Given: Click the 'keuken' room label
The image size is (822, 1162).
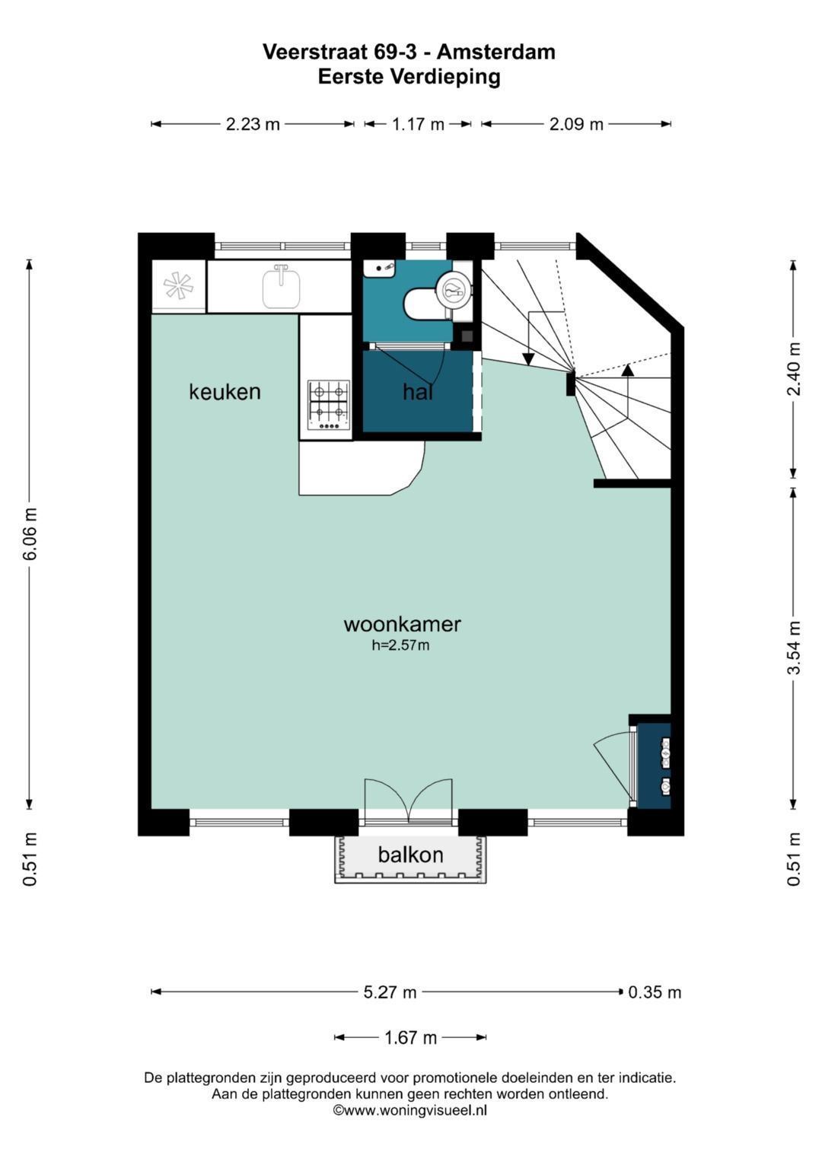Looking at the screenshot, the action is pyautogui.click(x=225, y=392).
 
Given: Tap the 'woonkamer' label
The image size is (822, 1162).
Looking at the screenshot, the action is pyautogui.click(x=402, y=624).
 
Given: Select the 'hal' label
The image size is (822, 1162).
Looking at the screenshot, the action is pyautogui.click(x=418, y=392).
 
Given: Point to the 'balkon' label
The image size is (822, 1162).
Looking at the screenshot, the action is pyautogui.click(x=410, y=855).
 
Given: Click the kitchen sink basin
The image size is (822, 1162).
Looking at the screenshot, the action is pyautogui.click(x=282, y=288).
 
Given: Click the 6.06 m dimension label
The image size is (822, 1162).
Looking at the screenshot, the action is pyautogui.click(x=30, y=533).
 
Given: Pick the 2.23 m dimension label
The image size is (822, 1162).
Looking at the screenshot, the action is pyautogui.click(x=253, y=125).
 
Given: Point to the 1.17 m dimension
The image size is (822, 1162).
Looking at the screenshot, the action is pyautogui.click(x=418, y=125).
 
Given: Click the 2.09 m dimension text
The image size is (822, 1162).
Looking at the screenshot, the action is pyautogui.click(x=576, y=125).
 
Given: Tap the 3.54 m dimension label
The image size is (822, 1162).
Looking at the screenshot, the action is pyautogui.click(x=794, y=648).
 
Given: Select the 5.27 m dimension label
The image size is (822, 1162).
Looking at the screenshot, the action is pyautogui.click(x=390, y=992).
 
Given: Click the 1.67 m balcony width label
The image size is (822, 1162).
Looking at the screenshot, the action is pyautogui.click(x=410, y=1037).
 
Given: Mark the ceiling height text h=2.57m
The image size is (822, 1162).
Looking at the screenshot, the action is pyautogui.click(x=400, y=645).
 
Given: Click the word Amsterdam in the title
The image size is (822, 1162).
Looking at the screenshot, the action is pyautogui.click(x=496, y=52).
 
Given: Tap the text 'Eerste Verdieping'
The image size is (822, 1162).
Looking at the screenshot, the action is pyautogui.click(x=409, y=77).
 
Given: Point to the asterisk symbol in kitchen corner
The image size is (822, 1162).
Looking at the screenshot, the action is pyautogui.click(x=178, y=285).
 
